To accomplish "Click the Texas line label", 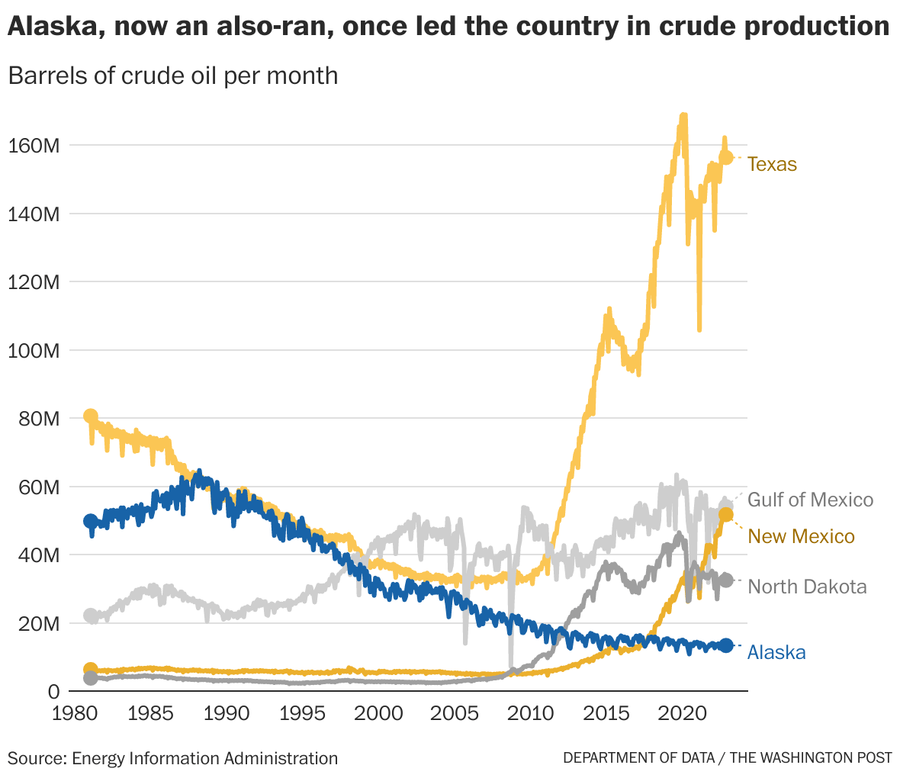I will [772, 164].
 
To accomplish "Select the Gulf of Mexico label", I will [810, 500].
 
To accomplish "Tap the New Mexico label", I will [801, 536].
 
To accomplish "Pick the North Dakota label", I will [807, 587].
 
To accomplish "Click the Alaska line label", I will [776, 652].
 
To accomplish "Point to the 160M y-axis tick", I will [34, 145].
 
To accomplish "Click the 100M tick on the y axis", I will [34, 351].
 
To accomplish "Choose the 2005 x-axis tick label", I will [455, 714].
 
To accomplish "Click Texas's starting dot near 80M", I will [91, 416].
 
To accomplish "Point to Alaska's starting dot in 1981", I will [91, 522].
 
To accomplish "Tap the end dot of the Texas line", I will [726, 157].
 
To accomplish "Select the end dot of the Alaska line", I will [726, 645].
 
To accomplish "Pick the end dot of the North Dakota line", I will [726, 580].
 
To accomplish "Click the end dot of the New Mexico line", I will [726, 516].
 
